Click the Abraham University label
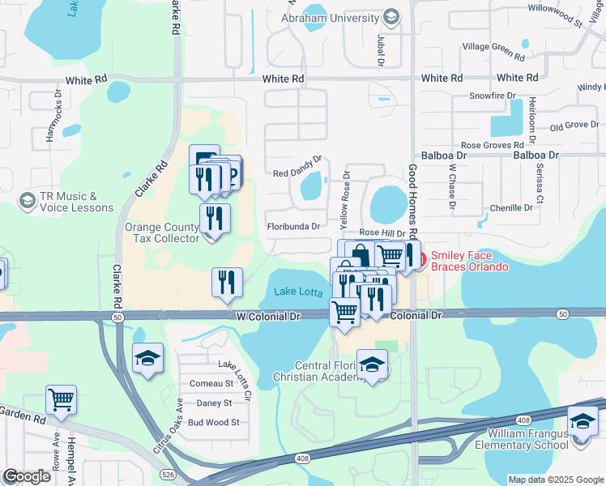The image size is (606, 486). click(340, 17)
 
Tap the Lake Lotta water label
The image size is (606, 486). click(297, 292)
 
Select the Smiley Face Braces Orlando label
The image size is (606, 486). click(469, 261)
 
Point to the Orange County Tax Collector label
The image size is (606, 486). click(161, 233)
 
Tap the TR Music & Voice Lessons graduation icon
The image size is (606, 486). click(28, 200)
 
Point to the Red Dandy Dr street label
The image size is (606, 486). click(297, 173)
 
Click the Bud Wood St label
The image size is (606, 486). click(213, 422)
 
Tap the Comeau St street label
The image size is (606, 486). click(211, 383)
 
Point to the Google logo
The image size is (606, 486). click(27, 476)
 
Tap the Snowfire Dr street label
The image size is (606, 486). click(493, 96)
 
